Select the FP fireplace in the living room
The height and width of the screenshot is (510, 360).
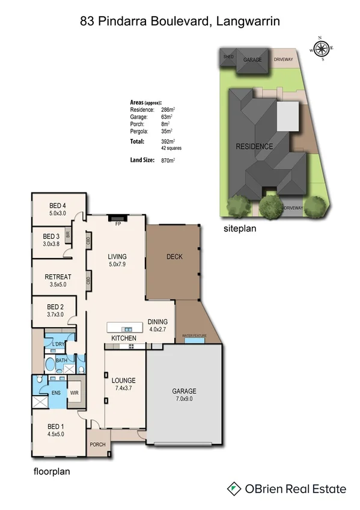(117, 218)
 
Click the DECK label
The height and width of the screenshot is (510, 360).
(174, 257)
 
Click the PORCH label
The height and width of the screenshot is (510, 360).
(97, 445)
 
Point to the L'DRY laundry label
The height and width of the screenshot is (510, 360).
(58, 343)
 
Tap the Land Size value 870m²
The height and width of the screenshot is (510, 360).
(168, 161)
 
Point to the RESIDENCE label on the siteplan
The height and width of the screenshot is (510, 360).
(254, 146)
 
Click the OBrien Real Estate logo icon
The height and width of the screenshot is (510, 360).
(234, 488)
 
